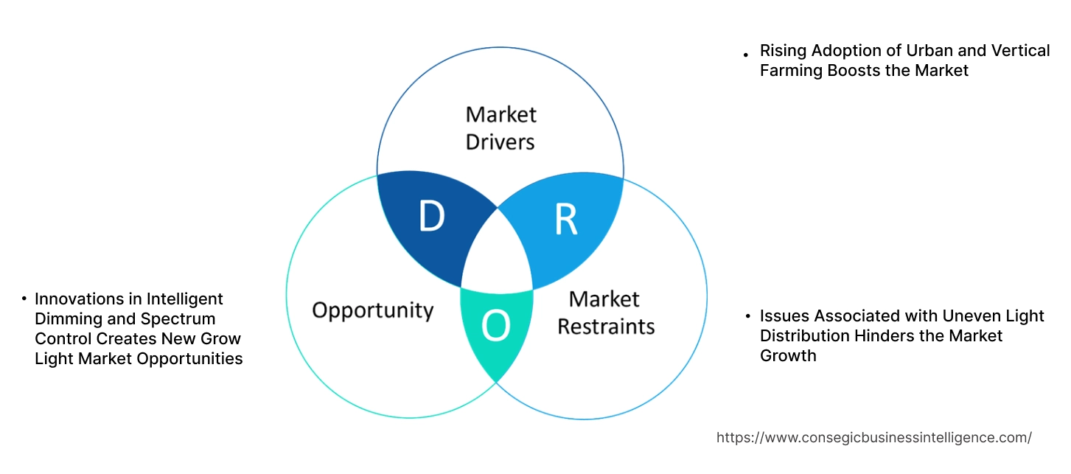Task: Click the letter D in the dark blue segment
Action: point(432,216)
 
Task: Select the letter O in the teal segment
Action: point(495,327)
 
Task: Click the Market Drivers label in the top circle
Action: point(500,128)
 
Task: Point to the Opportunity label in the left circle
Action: point(372,310)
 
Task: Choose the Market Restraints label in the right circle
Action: point(605,312)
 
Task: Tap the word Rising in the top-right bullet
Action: point(783,51)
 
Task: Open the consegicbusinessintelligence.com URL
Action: point(873,438)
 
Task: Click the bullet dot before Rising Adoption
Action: point(746,54)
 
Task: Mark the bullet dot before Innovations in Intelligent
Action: point(24,299)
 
